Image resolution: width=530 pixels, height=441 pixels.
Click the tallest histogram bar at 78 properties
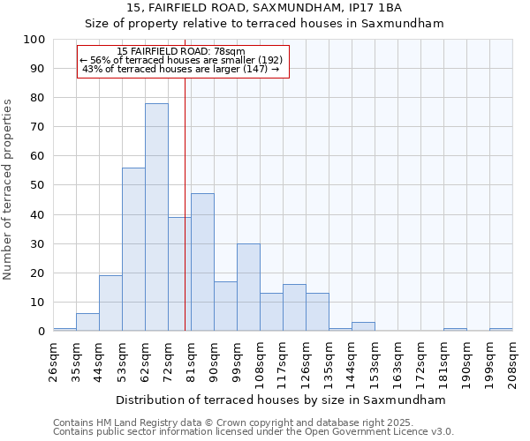(156, 217)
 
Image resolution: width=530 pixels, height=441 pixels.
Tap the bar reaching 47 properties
(202, 262)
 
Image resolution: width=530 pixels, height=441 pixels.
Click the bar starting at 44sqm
(110, 303)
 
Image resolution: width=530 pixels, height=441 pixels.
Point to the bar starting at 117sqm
(294, 308)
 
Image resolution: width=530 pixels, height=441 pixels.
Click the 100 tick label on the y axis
(34, 40)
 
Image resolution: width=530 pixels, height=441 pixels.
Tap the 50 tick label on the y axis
(37, 185)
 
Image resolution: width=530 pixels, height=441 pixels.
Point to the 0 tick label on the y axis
(41, 332)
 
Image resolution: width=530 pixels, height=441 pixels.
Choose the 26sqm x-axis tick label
(53, 358)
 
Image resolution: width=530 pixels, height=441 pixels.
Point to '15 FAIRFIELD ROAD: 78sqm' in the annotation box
(181, 52)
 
